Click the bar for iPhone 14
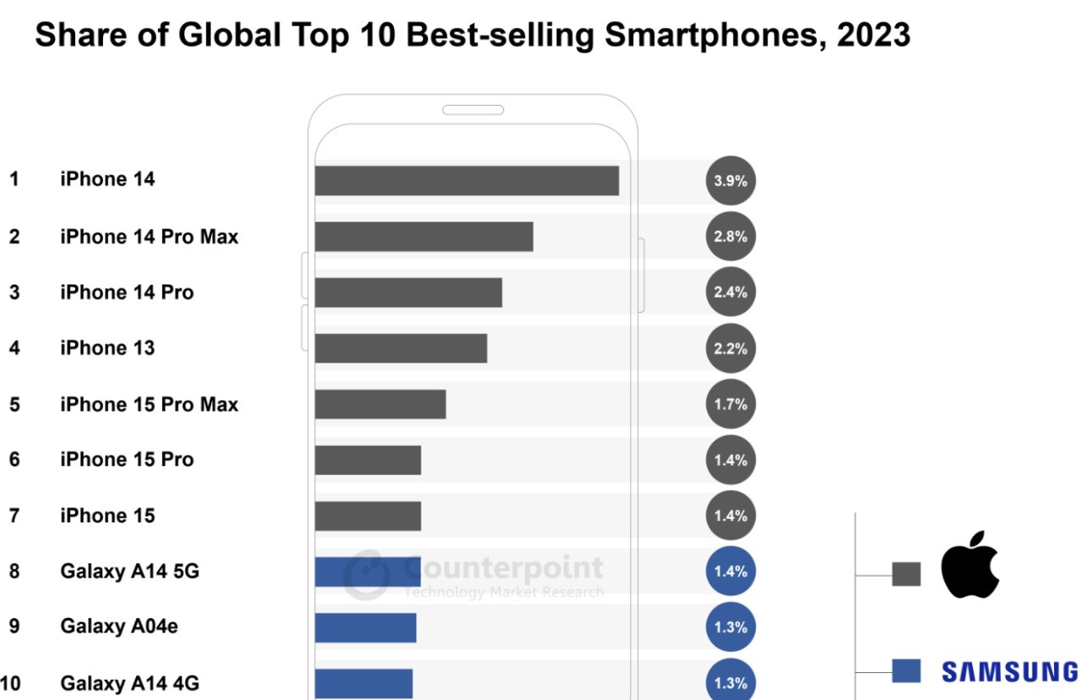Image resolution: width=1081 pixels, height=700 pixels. pos(466,181)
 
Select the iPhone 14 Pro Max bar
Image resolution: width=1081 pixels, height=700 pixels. pos(424,237)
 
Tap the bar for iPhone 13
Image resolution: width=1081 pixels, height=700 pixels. pos(401,348)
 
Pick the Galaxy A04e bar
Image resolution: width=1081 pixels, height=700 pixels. pos(366,627)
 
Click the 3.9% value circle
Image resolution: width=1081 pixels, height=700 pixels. pos(731,181)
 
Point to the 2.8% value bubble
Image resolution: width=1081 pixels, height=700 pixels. pos(731,237)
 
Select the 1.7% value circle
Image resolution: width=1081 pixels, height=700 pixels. pos(731,404)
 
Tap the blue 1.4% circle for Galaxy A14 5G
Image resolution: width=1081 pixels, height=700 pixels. pos(731,571)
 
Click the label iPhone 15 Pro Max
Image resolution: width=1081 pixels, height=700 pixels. pos(149,405)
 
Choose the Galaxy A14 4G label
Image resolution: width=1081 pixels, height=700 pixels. pos(129,683)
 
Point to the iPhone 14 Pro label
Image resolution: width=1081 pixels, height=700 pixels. pos(127,293)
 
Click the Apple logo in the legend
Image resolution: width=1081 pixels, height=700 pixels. pos(970,565)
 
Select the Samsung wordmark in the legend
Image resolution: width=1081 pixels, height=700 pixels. pos(1009,672)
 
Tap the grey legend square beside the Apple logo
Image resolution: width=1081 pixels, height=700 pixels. pos(905,575)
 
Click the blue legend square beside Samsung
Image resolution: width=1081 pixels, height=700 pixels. pos(905,671)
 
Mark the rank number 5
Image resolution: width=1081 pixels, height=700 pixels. pos(14,405)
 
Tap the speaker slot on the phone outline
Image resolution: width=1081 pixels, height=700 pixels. pos(473,110)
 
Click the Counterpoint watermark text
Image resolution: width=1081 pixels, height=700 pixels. pos(503,567)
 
